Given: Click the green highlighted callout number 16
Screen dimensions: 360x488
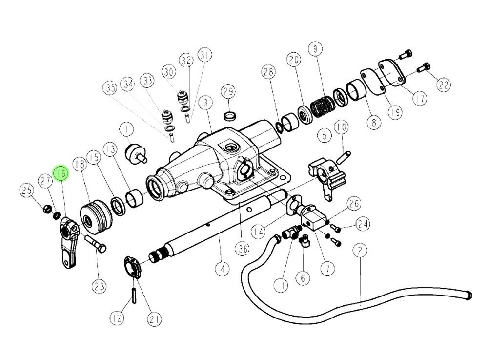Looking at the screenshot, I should point(62,173).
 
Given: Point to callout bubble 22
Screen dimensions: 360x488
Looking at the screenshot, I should point(443,85).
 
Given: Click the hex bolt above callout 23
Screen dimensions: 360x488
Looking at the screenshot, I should point(96,244).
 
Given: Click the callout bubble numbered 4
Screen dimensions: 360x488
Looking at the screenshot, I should point(223,268).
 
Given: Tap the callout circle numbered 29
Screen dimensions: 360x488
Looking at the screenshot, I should point(228,91).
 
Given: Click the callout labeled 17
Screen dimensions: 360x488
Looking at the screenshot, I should point(419,98).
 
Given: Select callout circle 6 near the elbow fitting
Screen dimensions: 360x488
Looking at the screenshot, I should point(303,278).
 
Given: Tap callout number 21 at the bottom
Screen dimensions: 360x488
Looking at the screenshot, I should point(154,319).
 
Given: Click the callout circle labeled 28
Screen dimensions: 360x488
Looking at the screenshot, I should point(267,73).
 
